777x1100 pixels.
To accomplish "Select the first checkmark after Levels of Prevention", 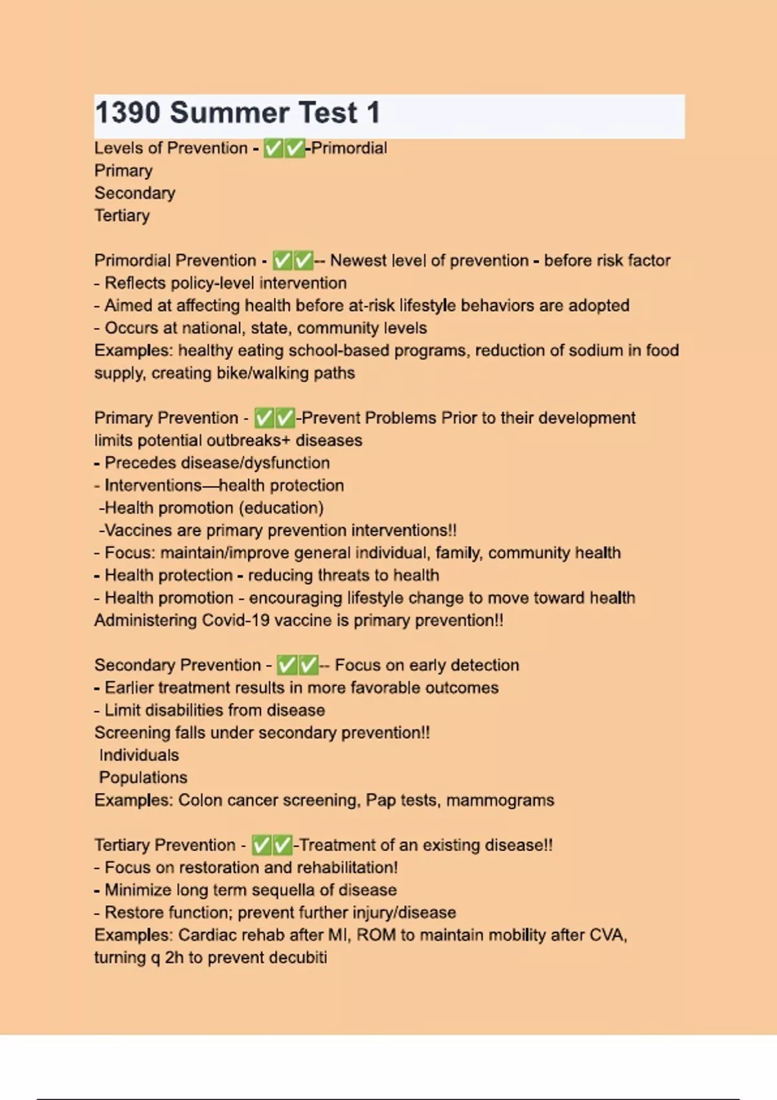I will [x=274, y=149].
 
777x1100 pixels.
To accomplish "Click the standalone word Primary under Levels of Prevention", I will [x=124, y=171].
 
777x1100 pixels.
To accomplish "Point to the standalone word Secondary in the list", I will [x=135, y=193].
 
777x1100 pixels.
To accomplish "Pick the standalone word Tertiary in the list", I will [x=122, y=215].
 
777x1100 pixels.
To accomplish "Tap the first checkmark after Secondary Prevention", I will [x=287, y=665].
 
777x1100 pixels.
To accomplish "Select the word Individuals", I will [x=139, y=755].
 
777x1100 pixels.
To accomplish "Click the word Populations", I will [x=143, y=778].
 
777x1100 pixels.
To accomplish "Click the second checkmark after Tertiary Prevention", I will [x=283, y=845].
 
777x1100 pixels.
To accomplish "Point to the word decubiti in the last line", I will [x=298, y=958].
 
